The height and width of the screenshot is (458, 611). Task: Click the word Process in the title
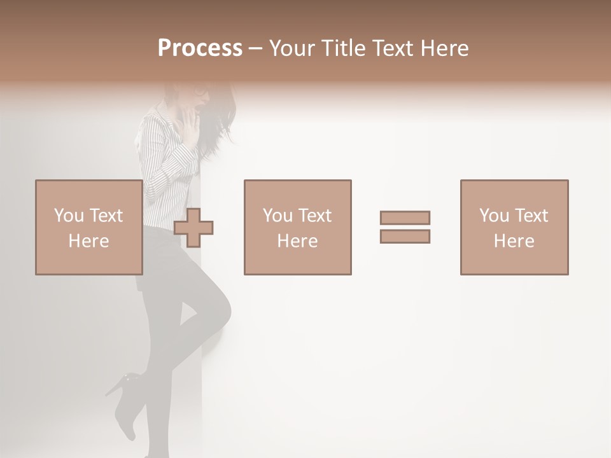tap(200, 48)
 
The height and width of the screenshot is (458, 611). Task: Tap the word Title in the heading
tap(345, 48)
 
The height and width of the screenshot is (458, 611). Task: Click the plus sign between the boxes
tap(193, 228)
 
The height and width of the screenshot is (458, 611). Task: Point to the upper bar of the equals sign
tap(405, 218)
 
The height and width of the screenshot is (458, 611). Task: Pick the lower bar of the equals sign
tap(405, 236)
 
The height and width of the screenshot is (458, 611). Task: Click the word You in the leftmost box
tap(69, 215)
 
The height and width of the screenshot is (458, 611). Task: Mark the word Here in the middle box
tap(297, 241)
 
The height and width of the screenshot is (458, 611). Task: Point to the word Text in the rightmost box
tap(531, 215)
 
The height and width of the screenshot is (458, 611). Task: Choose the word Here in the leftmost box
tap(88, 241)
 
